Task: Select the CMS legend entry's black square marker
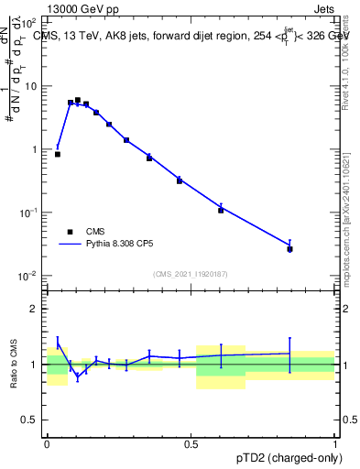tap(70, 232)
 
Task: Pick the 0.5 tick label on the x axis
tap(191, 442)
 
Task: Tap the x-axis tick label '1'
tap(335, 442)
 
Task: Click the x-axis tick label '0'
tap(47, 442)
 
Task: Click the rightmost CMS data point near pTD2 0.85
tap(290, 249)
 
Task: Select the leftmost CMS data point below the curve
tap(58, 154)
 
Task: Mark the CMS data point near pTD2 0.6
tap(221, 211)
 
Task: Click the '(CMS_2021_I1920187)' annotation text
tap(191, 273)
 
